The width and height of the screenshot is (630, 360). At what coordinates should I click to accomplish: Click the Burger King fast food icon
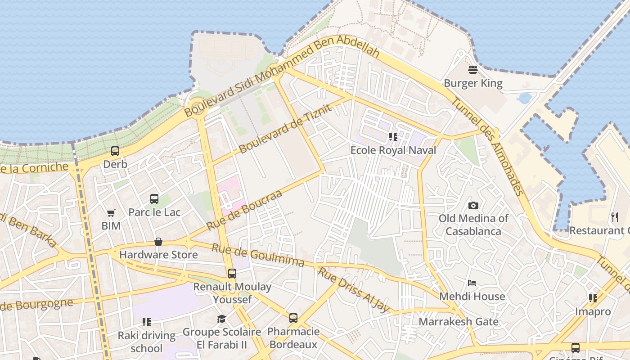tap(472, 70)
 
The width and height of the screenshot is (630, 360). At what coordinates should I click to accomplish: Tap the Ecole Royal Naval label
tap(393, 150)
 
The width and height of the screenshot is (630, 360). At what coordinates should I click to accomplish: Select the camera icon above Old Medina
tap(473, 205)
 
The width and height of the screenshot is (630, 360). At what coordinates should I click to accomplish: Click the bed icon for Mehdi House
tap(472, 283)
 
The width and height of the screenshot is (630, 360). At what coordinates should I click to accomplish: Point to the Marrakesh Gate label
tap(459, 322)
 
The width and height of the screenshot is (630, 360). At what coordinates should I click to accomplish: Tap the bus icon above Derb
tap(115, 151)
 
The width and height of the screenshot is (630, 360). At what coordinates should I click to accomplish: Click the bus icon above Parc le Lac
tap(154, 198)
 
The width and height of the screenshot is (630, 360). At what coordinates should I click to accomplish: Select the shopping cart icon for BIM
tap(111, 213)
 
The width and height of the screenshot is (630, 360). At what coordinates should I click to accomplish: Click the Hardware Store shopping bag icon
tap(158, 242)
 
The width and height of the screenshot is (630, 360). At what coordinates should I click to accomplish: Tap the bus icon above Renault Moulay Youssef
tap(232, 273)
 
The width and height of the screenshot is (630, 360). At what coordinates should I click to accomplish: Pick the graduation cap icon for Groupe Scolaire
tap(221, 319)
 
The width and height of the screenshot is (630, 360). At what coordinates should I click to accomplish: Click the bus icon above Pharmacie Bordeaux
tap(293, 318)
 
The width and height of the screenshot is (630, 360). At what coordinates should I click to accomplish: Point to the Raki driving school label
tap(147, 342)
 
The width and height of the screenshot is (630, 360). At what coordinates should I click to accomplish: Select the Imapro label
tap(593, 311)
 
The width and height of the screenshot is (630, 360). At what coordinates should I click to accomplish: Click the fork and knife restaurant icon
tap(615, 217)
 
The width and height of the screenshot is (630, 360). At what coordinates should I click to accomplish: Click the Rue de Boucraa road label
tap(244, 210)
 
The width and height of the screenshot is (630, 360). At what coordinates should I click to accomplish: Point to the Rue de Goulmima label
tap(258, 255)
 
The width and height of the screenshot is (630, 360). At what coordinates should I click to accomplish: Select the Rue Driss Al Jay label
tap(354, 290)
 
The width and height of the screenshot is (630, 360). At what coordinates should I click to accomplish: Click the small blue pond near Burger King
tap(525, 98)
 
